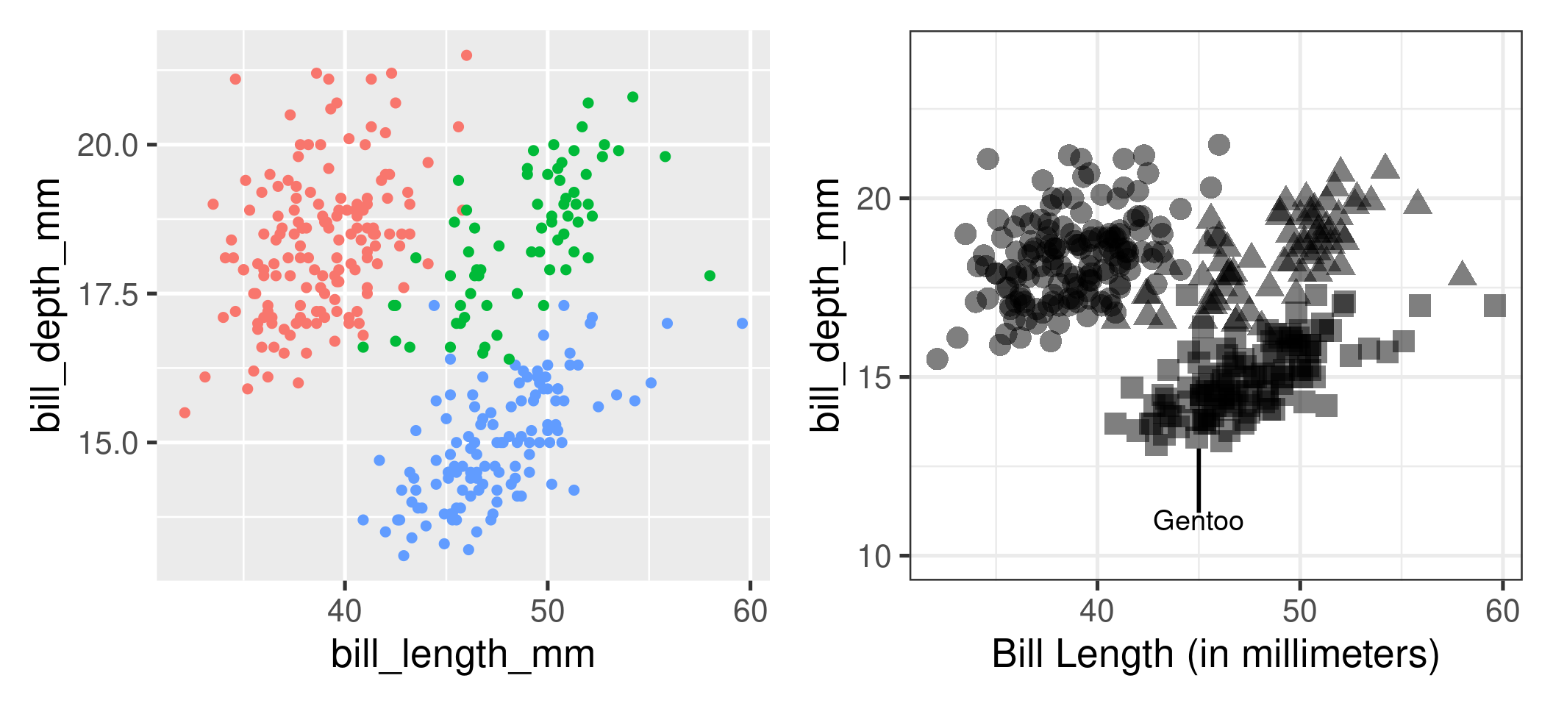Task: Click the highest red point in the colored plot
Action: coord(466,55)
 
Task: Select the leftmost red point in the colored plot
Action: coord(185,413)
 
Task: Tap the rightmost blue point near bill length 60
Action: coord(742,324)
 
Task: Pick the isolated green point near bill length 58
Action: coord(710,276)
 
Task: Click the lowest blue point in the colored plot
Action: coord(404,555)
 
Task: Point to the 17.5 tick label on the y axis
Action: coord(108,295)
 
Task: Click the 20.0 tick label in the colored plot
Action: coord(108,146)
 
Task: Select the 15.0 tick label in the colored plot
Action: coord(108,443)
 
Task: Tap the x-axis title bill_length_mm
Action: coord(463,654)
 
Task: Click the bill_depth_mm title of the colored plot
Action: coord(46,304)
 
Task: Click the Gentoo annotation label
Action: coord(1198,521)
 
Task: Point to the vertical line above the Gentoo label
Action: coord(1199,478)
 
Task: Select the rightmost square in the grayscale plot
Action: coord(1495,305)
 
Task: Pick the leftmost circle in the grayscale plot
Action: coord(938,359)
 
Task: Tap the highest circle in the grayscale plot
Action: coord(1219,145)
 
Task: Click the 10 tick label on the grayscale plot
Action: coord(874,557)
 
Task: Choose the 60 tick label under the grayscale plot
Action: coord(1502,612)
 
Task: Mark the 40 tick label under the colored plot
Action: coord(344,612)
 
